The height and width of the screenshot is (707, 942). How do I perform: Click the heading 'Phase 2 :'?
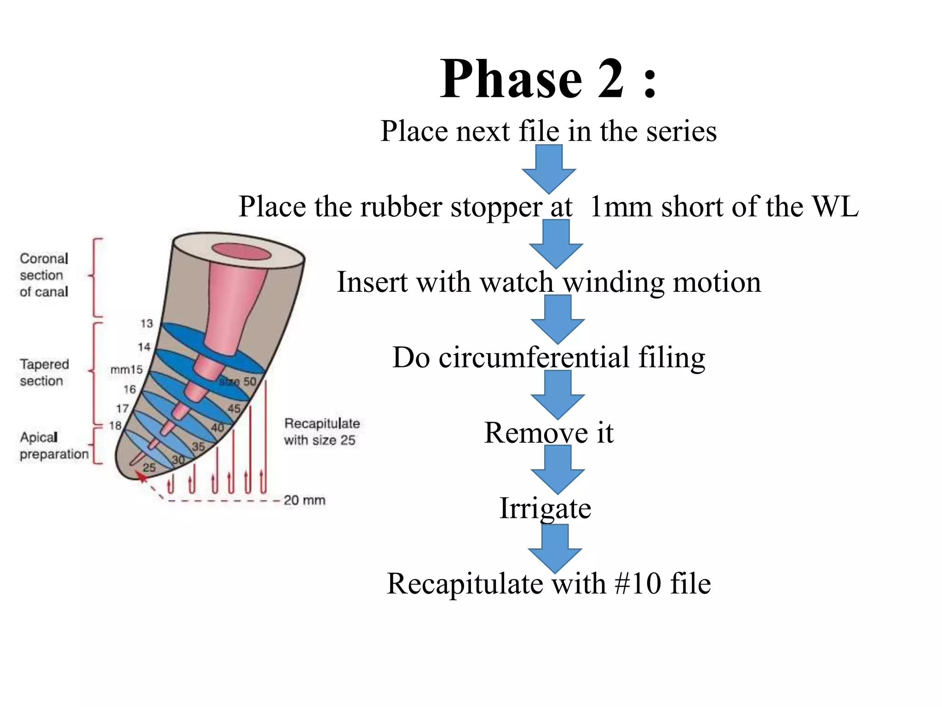coord(548,79)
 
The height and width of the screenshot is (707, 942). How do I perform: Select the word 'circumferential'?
coord(534,358)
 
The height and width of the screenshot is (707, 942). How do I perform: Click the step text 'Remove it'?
coord(548,433)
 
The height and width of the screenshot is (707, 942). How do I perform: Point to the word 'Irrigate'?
coord(545,509)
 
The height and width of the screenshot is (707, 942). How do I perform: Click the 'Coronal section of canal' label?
coord(44,275)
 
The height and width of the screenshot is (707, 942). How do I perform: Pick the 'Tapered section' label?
coord(44,373)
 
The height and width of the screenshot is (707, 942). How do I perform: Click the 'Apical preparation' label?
coord(53,446)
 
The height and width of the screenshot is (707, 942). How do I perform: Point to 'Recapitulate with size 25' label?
coord(321,432)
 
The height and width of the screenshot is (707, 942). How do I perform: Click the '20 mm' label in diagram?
coord(304,500)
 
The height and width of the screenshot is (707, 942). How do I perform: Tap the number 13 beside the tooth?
coord(146,324)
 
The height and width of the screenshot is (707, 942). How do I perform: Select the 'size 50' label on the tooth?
coord(237,382)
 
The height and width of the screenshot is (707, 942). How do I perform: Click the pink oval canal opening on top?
coord(241,252)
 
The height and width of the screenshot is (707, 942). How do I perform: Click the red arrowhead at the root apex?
coord(142,476)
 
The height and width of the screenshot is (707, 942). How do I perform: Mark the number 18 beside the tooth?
coord(115,425)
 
